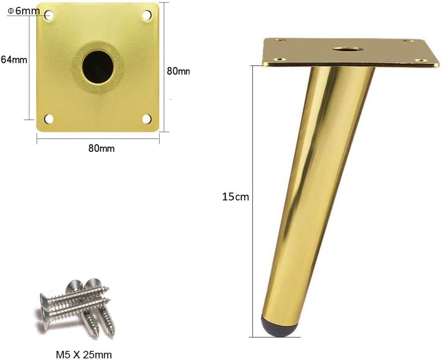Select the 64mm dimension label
pyautogui.click(x=14, y=59)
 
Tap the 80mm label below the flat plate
pyautogui.click(x=101, y=148)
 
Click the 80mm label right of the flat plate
pyautogui.click(x=178, y=71)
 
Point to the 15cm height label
pyautogui.click(x=236, y=196)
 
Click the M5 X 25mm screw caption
pyautogui.click(x=84, y=354)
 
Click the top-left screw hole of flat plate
pyautogui.click(x=49, y=15)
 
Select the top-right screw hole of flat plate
pyautogui.click(x=147, y=15)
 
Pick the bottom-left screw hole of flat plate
pyautogui.click(x=49, y=118)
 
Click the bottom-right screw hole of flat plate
pyautogui.click(x=147, y=118)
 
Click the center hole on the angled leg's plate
pyautogui.click(x=348, y=48)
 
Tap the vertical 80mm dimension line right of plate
pyautogui.click(x=164, y=65)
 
